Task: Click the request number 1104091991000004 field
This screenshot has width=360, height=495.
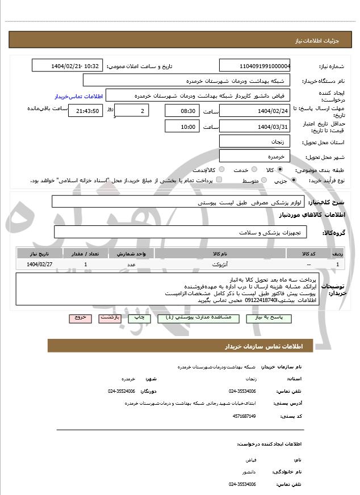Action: [x=255, y=66]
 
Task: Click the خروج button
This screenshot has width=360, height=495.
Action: [x=80, y=318]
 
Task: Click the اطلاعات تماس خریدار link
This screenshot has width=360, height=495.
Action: [x=77, y=97]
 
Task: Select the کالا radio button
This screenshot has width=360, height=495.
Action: [x=280, y=170]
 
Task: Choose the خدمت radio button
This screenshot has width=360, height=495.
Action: [x=253, y=170]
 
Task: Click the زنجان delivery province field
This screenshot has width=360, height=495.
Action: [x=255, y=141]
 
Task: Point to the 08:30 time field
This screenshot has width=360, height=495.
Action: [x=182, y=111]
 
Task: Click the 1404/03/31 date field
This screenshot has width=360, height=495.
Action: [x=255, y=126]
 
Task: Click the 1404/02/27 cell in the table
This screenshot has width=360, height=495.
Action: [x=40, y=265]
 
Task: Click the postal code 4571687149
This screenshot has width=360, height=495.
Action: [x=245, y=416]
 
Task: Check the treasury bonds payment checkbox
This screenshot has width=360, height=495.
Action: [x=219, y=181]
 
